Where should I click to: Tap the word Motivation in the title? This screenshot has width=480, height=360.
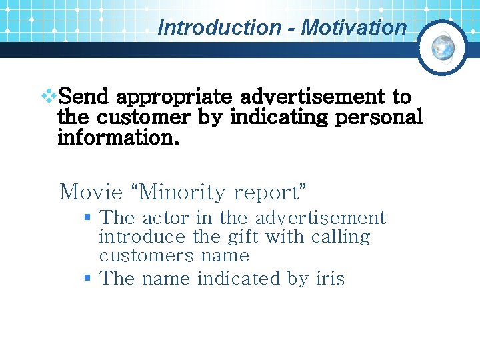pos(353,28)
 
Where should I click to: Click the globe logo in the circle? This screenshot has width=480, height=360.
pos(443,47)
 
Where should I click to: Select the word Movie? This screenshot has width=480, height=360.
pos(91,193)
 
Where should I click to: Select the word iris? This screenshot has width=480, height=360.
pos(330,279)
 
